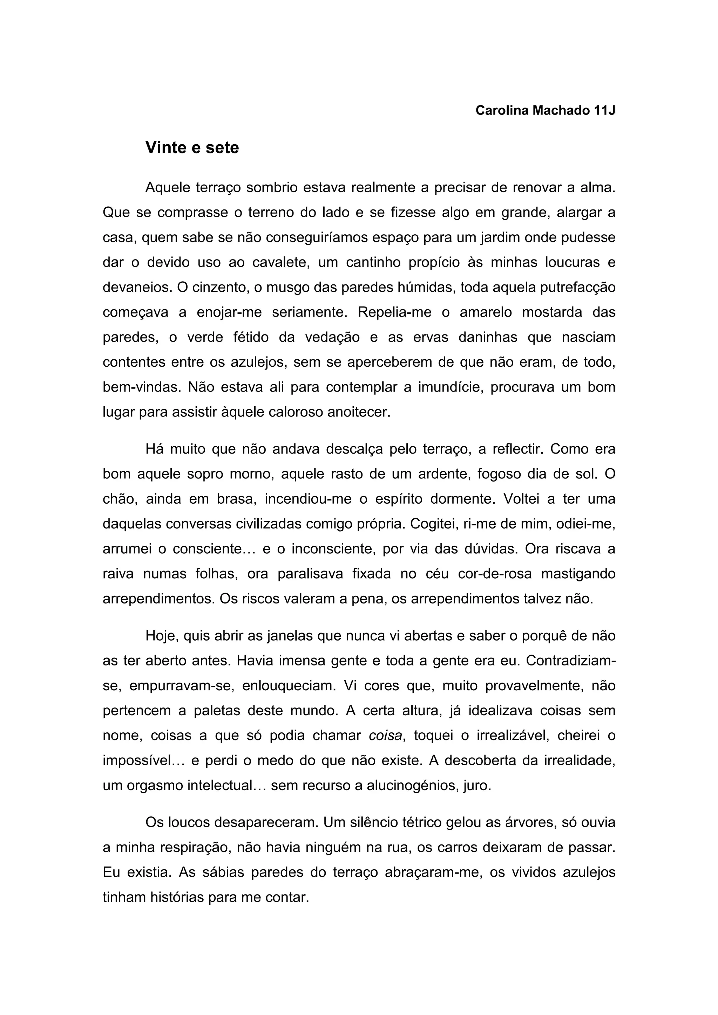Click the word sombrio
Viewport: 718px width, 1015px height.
click(272, 188)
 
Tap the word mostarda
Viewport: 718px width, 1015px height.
click(552, 312)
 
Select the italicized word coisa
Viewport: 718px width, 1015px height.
click(385, 736)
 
